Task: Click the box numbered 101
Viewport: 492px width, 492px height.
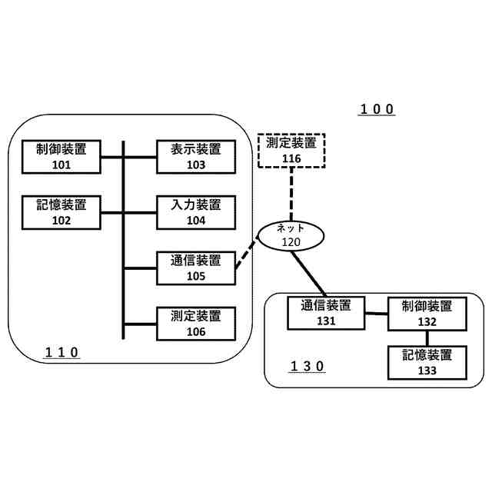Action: coord(62,157)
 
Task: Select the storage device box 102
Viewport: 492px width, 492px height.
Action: coord(62,212)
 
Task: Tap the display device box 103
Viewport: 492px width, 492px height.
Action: coord(196,157)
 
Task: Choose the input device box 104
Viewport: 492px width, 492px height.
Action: coord(196,212)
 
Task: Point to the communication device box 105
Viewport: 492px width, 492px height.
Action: coord(196,268)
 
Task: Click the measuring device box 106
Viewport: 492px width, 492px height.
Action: coord(196,323)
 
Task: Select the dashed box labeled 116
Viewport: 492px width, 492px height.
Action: coord(291,151)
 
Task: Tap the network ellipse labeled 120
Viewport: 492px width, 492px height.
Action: coord(291,234)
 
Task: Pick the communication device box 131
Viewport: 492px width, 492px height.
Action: coord(324,314)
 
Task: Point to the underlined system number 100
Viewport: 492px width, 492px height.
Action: coord(377,109)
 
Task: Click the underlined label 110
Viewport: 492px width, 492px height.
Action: coord(61,353)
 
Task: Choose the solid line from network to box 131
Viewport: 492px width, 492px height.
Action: coord(309,272)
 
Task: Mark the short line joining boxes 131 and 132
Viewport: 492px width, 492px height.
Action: coord(376,313)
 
